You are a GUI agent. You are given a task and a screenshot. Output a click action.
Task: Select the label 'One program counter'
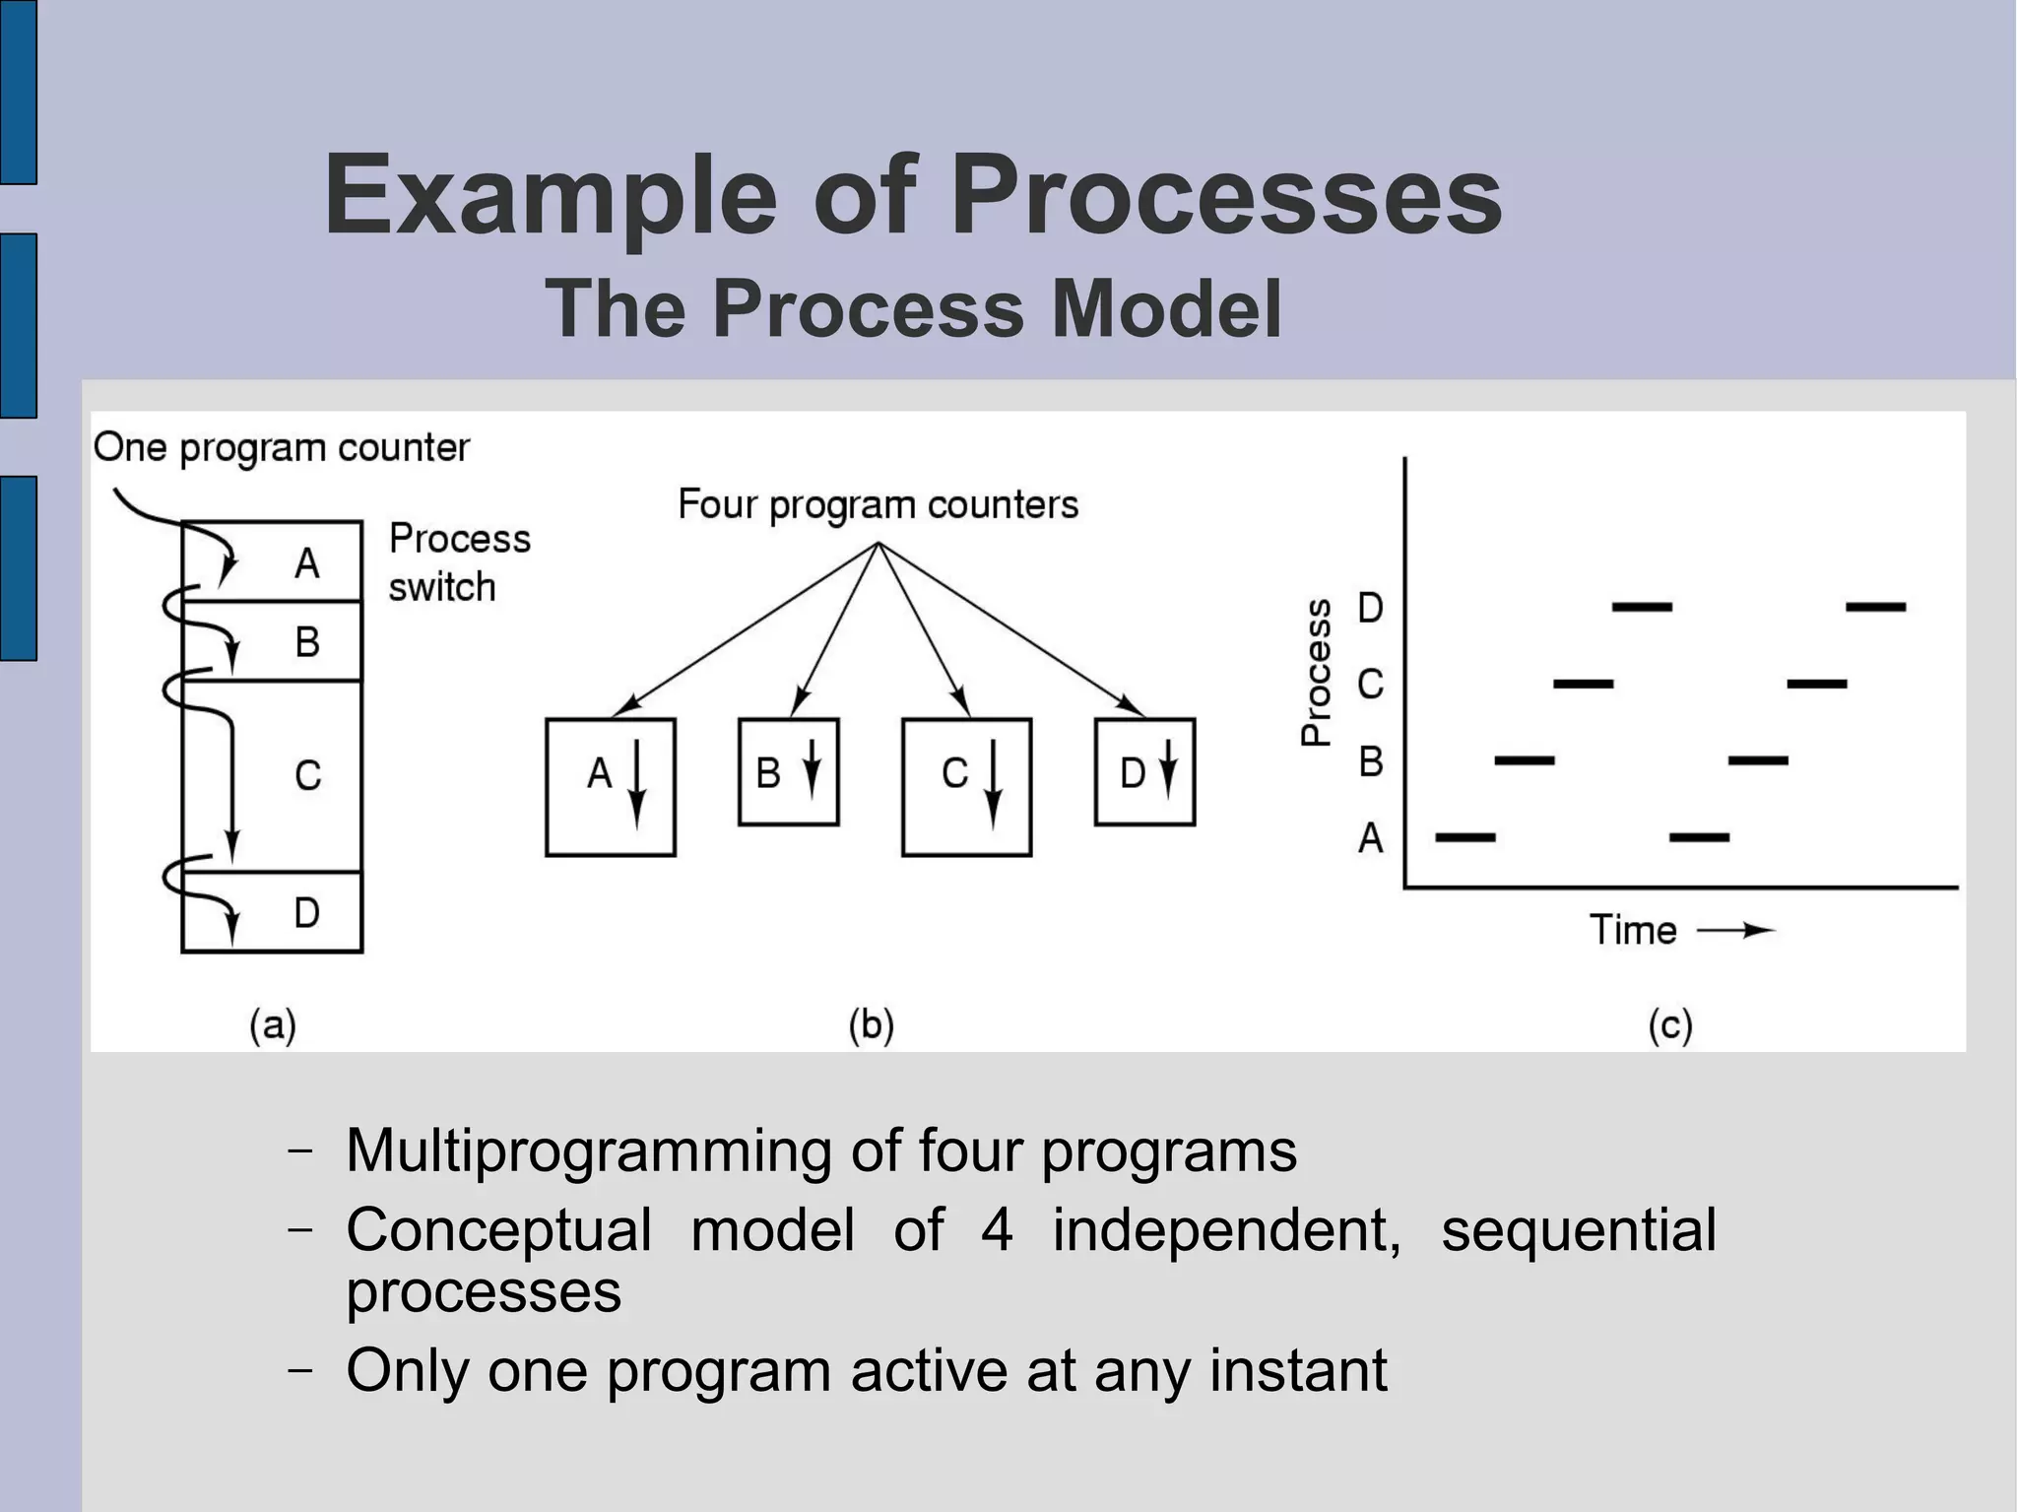tap(281, 448)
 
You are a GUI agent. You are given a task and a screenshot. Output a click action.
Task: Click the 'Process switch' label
tap(458, 562)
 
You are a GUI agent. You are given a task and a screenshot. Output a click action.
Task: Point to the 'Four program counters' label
tap(878, 504)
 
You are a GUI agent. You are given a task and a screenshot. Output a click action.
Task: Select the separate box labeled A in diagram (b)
tap(610, 786)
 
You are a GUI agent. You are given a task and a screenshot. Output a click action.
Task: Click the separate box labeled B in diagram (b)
tap(788, 772)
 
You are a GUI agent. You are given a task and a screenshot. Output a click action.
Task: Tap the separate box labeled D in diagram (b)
tap(1144, 772)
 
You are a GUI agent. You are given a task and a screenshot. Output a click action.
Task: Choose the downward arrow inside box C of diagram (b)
tap(993, 784)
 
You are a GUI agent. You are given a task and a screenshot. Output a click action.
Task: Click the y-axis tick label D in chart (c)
tap(1370, 608)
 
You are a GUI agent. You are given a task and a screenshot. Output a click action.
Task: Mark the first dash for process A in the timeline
tap(1465, 837)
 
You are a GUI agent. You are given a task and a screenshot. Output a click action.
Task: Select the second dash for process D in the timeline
tap(1875, 607)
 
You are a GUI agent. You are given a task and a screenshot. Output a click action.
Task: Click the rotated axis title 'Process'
tap(1317, 672)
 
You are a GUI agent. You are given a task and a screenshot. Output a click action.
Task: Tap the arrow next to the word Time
tap(1735, 930)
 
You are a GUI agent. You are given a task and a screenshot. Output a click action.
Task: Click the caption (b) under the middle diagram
tap(871, 1025)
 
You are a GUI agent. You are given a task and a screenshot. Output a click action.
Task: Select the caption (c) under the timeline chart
tap(1670, 1025)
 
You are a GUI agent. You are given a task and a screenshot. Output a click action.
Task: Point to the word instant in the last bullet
tap(1298, 1369)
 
